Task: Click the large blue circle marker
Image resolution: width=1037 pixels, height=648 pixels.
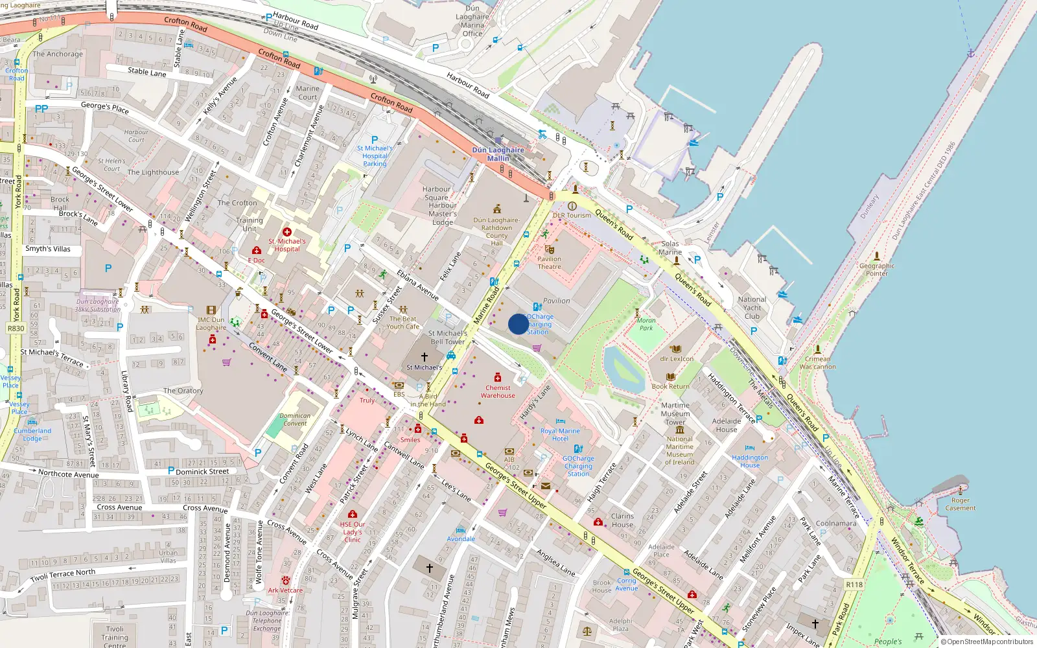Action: click(518, 324)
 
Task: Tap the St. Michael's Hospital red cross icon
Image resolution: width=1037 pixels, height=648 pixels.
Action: click(287, 232)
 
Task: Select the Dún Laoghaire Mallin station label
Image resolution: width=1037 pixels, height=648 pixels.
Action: click(498, 154)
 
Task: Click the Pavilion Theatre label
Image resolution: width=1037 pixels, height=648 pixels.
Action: click(549, 262)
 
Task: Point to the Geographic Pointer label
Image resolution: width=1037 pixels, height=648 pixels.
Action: click(877, 270)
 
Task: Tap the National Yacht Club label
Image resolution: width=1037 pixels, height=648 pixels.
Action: click(752, 308)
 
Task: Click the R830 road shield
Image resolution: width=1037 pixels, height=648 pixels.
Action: click(16, 329)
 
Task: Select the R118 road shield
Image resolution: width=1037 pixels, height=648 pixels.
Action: click(854, 584)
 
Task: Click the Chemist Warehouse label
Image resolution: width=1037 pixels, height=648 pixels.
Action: click(498, 391)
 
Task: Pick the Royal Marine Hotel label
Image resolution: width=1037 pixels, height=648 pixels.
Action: click(560, 435)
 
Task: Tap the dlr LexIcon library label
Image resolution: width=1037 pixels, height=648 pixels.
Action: click(677, 358)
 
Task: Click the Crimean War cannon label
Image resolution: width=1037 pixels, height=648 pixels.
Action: click(817, 363)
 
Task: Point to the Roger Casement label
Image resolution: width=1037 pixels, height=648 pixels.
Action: click(961, 504)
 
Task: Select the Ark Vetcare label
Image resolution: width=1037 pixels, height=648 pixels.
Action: click(285, 590)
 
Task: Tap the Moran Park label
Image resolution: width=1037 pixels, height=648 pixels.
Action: click(646, 324)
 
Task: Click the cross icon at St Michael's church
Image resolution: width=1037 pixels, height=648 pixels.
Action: click(425, 357)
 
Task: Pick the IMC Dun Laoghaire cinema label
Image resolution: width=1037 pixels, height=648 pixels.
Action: click(211, 323)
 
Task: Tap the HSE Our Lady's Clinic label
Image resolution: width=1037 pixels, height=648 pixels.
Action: click(353, 532)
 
